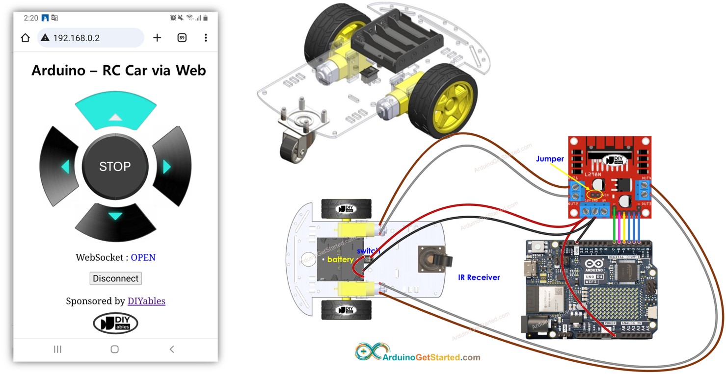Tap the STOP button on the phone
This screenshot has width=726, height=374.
pos(115,167)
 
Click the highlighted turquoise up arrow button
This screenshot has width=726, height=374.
pos(115,112)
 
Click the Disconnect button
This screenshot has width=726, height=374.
pos(116,278)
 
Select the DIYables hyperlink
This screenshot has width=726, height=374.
pos(146,301)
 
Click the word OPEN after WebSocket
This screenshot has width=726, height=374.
pos(143,257)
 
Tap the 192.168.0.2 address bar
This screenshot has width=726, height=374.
pos(91,38)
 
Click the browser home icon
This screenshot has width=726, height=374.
pos(26,38)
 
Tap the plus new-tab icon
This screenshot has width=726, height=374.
pos(157,38)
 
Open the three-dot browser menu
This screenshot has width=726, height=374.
pos(206,38)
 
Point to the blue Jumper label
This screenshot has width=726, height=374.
pos(550,159)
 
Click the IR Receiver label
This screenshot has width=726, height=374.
pos(479,277)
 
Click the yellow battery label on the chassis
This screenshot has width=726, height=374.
pos(340,259)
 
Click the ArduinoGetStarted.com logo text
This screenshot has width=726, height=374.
pos(431,357)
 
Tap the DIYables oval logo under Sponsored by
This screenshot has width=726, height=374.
pos(115,324)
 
